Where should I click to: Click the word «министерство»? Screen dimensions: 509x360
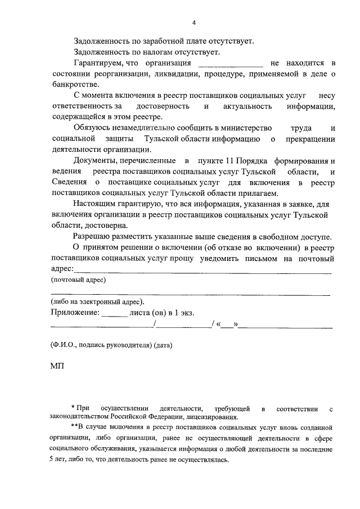coord(246,128)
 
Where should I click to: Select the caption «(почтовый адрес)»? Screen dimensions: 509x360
coord(79,280)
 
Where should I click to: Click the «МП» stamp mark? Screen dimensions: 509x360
coord(57,366)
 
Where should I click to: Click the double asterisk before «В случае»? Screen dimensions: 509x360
coord(74,427)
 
